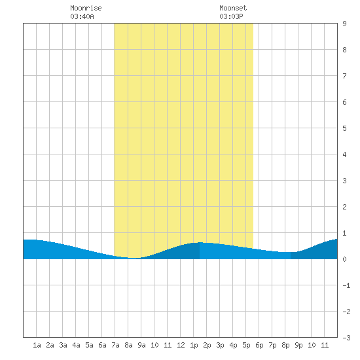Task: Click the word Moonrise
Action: coord(86,8)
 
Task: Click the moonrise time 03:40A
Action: coord(82,16)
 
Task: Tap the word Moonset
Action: coord(233,8)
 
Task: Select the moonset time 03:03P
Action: coord(231,16)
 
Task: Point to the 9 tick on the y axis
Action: coord(344,24)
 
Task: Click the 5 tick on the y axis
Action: coord(344,128)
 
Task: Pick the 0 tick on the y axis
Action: coord(344,259)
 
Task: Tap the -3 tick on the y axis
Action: coord(346,338)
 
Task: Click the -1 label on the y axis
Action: coord(346,285)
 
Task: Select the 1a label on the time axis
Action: coord(37,345)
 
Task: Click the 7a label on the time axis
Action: coord(115,345)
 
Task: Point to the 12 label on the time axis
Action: coord(181,345)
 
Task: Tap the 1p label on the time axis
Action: coord(194,345)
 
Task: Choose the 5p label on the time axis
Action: coord(246,345)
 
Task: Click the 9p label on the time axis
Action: coord(298,345)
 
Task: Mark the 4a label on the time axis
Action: coord(76,345)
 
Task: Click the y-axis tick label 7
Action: coord(344,76)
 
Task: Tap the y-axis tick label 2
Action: coord(344,207)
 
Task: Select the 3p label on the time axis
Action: coord(220,345)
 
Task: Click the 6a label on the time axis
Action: coord(102,345)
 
